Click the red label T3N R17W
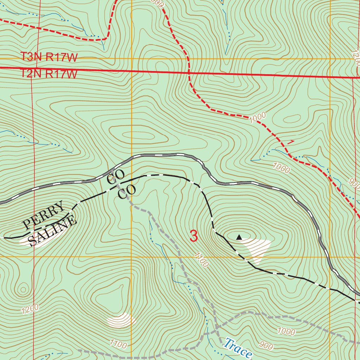(49, 57)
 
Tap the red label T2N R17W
(49, 74)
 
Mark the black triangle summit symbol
(239, 237)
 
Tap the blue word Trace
(238, 348)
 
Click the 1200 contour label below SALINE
(30, 309)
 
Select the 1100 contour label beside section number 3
(200, 259)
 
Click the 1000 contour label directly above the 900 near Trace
(286, 331)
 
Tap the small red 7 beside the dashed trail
(290, 142)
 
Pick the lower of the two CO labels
(126, 192)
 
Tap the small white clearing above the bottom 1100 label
(121, 320)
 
